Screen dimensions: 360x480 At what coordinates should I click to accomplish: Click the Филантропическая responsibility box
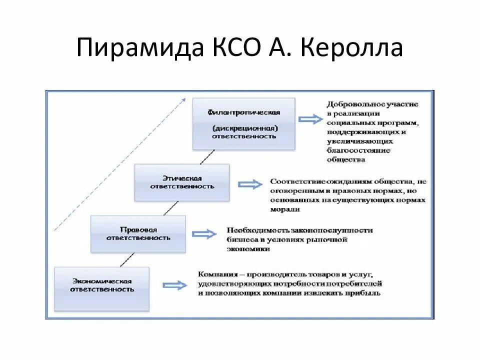(x=243, y=123)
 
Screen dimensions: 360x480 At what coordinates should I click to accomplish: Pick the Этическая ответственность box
(x=181, y=182)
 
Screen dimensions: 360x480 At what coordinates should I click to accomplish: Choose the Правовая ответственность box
(x=138, y=233)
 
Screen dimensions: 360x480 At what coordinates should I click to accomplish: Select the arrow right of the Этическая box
(x=250, y=184)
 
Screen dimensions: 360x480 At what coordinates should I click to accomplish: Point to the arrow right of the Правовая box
(x=204, y=234)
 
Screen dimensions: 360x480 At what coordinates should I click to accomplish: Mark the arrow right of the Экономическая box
(x=174, y=285)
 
